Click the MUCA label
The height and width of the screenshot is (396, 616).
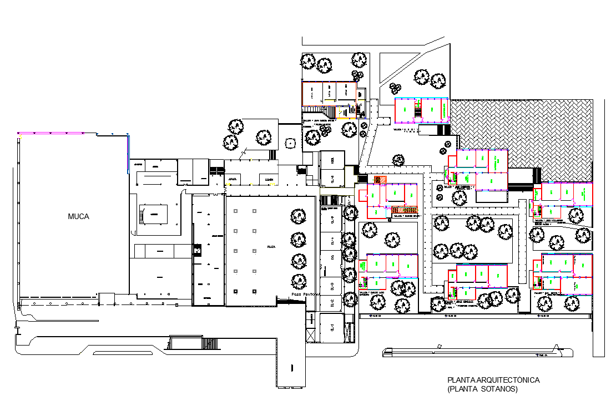click(78, 216)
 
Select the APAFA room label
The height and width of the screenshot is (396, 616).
click(233, 180)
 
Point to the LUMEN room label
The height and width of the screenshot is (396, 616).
click(269, 180)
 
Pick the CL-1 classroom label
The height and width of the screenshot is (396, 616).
click(332, 327)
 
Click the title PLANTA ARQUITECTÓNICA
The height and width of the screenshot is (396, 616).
click(493, 380)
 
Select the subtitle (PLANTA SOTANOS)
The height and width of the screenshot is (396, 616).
click(482, 389)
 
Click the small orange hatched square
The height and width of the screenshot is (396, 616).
click(380, 180)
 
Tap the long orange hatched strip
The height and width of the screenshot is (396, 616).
click(404, 209)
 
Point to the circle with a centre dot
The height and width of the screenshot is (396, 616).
click(289, 143)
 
